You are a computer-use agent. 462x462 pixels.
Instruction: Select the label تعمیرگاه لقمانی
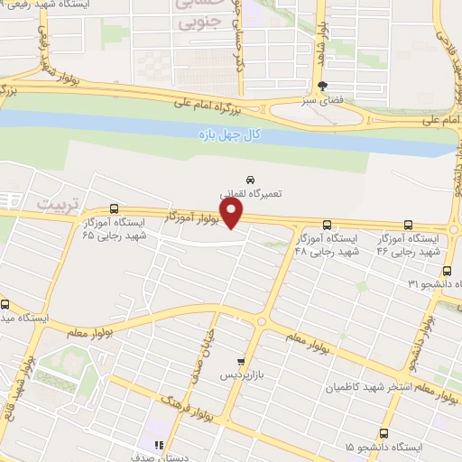[x=249, y=194]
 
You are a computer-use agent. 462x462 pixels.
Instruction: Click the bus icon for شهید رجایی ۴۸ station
[x=326, y=226]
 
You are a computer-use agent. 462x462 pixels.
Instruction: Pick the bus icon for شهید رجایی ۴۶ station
[x=409, y=226]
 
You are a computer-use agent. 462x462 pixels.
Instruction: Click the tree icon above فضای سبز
[x=323, y=88]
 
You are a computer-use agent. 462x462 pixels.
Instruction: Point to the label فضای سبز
[x=322, y=103]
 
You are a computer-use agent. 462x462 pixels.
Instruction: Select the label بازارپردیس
[x=240, y=374]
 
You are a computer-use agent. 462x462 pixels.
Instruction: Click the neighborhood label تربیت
[x=53, y=206]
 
